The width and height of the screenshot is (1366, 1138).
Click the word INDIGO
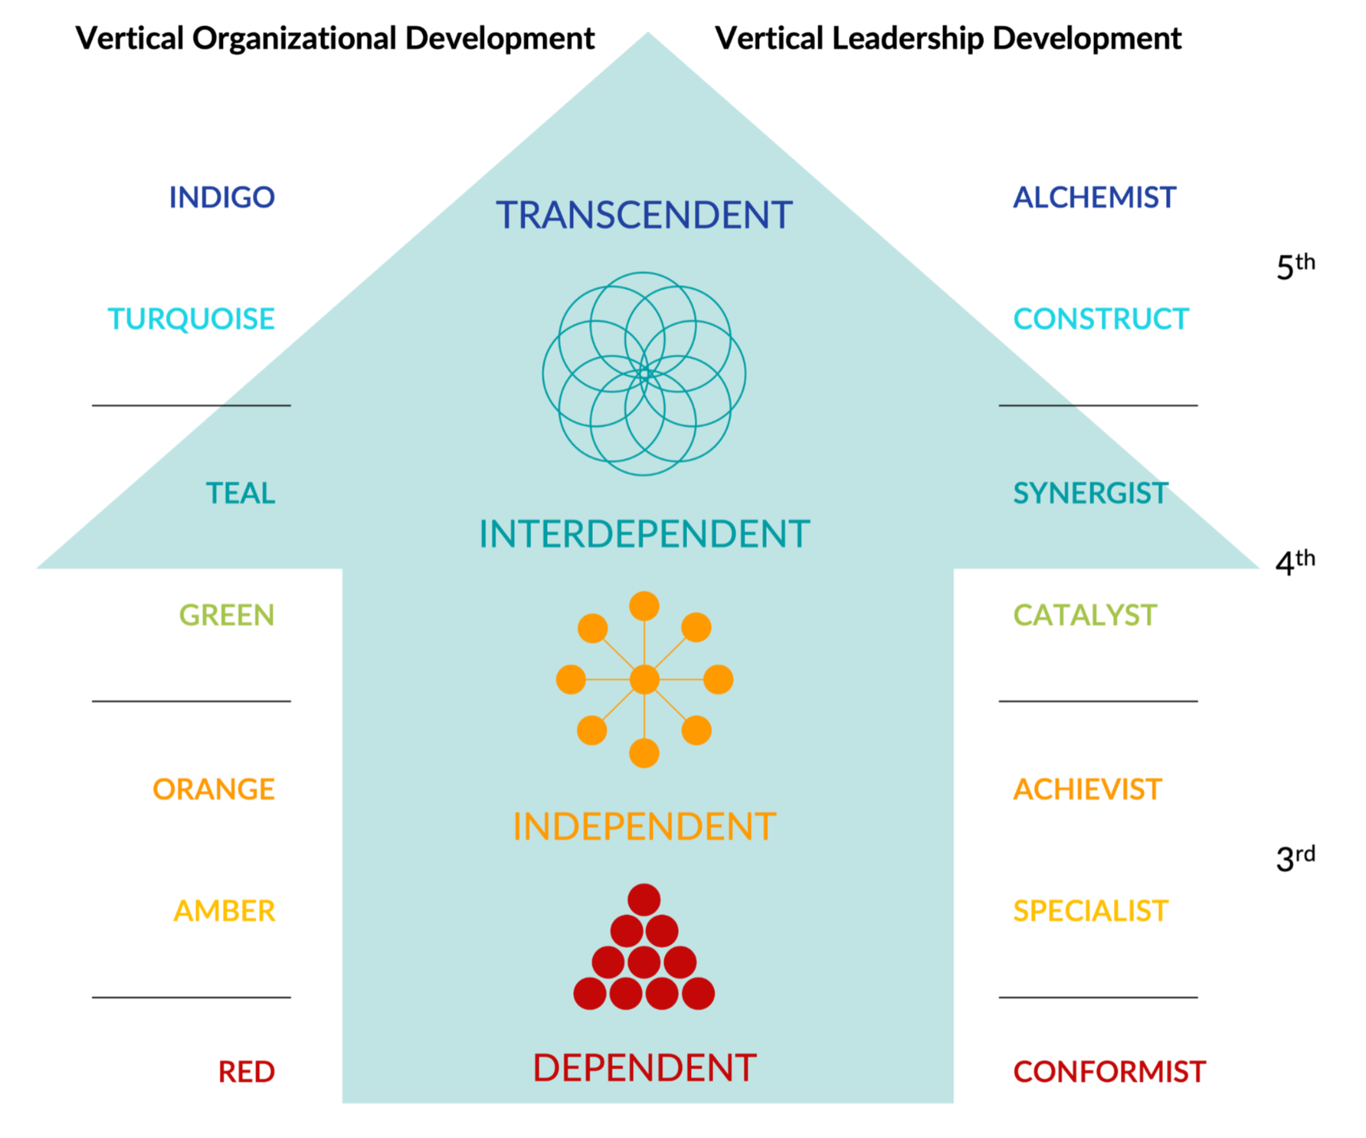pyautogui.click(x=222, y=197)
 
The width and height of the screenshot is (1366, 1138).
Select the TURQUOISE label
pyautogui.click(x=191, y=318)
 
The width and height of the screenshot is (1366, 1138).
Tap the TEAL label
pyautogui.click(x=240, y=493)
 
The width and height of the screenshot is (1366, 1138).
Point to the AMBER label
pyautogui.click(x=225, y=910)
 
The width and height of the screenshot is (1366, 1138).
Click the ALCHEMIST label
pyautogui.click(x=1095, y=197)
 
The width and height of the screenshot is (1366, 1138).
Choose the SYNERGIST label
pyautogui.click(x=1091, y=493)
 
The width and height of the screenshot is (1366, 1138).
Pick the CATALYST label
pyautogui.click(x=1085, y=615)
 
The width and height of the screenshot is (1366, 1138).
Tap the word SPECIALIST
pyautogui.click(x=1091, y=910)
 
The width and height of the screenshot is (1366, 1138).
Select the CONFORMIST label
pyautogui.click(x=1110, y=1072)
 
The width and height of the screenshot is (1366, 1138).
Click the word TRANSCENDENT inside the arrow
pyautogui.click(x=644, y=215)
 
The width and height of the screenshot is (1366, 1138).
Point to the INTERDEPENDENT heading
pyautogui.click(x=644, y=533)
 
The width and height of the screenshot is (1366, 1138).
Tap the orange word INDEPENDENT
pyautogui.click(x=644, y=827)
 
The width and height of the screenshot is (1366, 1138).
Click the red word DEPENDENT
pyautogui.click(x=644, y=1068)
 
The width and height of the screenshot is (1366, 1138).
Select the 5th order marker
pyautogui.click(x=1296, y=266)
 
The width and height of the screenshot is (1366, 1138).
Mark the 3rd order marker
pyautogui.click(x=1296, y=857)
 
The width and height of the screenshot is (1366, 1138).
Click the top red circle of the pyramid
pyautogui.click(x=644, y=899)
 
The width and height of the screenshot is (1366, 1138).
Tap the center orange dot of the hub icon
pyautogui.click(x=644, y=680)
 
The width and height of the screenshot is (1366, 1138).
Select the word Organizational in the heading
pyautogui.click(x=295, y=39)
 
